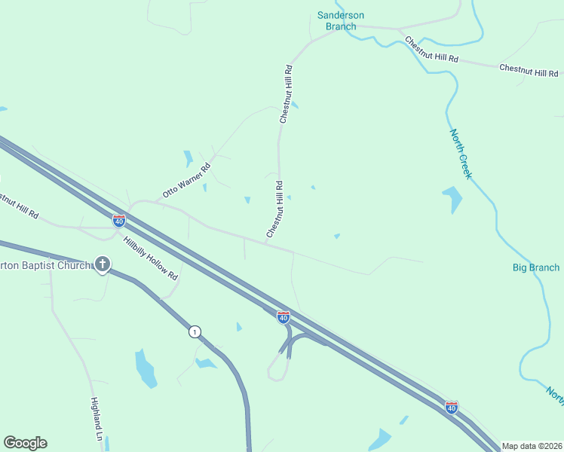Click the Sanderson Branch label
pos(340,20)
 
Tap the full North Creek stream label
pos(461,154)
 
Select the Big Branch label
pos(536,267)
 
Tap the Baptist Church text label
pos(45,264)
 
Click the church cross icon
pos(102,264)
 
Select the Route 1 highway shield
pos(195,331)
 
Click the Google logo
pos(25,443)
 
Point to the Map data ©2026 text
pos(532,446)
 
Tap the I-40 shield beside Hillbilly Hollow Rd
pos(118,221)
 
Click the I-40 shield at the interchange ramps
pos(283,317)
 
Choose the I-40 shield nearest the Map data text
pos(451,407)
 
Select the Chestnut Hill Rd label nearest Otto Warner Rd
pos(275,210)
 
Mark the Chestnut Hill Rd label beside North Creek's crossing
pos(431,50)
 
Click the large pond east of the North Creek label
pos(452,199)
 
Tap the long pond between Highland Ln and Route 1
pos(145,368)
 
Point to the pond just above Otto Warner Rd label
pos(187,158)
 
